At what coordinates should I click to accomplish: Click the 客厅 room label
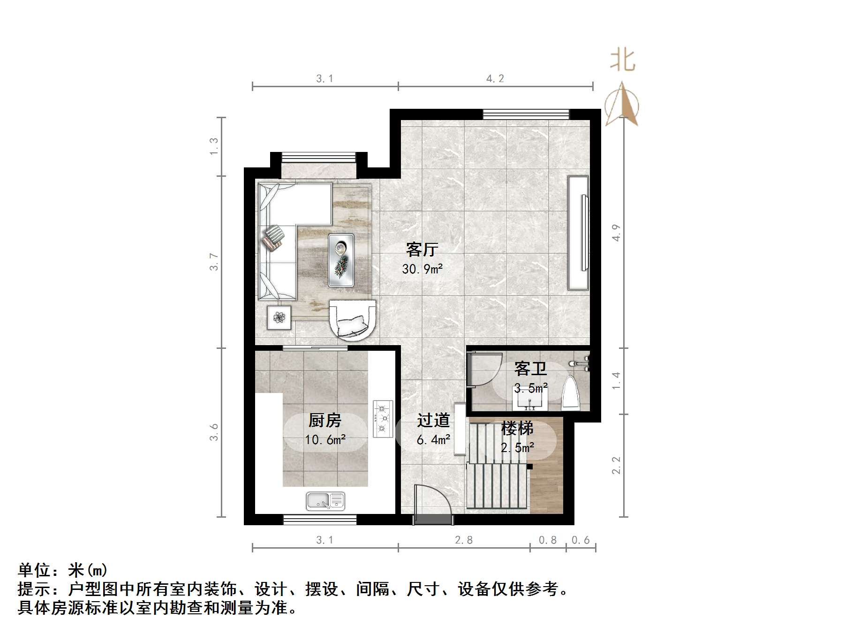pyautogui.click(x=422, y=249)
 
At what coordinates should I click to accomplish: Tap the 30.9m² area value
pyautogui.click(x=422, y=269)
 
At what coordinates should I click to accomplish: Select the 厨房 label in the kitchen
pyautogui.click(x=324, y=420)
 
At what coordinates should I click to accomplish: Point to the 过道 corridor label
pyautogui.click(x=433, y=420)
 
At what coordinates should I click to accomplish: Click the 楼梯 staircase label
pyautogui.click(x=517, y=428)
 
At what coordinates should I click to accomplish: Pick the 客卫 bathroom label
pyautogui.click(x=530, y=369)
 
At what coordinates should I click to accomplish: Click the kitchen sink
pyautogui.click(x=325, y=501)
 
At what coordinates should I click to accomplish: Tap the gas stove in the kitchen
pyautogui.click(x=383, y=418)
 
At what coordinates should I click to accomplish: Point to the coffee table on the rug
pyautogui.click(x=341, y=259)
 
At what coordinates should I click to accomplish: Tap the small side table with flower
pyautogui.click(x=279, y=317)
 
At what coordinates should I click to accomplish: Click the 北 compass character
pyautogui.click(x=623, y=60)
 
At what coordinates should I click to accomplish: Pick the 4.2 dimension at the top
pyautogui.click(x=495, y=78)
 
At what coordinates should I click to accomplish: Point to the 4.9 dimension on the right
pyautogui.click(x=616, y=233)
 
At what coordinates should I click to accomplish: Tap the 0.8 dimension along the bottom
pyautogui.click(x=548, y=540)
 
